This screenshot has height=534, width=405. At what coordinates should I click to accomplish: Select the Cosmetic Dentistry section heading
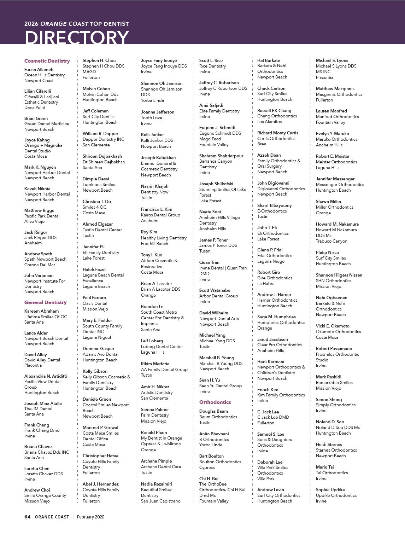coord(47,61)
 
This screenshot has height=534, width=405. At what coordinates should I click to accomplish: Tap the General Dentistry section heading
coord(45,302)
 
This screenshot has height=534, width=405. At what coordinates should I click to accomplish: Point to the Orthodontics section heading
coord(215,402)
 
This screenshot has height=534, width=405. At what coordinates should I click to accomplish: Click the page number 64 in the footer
coord(27,517)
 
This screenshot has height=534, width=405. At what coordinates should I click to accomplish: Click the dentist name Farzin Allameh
coord(39,70)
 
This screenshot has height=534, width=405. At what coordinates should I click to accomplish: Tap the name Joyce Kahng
coord(37,140)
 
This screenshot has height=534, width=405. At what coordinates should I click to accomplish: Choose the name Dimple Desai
coord(96,179)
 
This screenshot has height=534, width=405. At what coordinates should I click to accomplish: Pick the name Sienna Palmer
coord(155,410)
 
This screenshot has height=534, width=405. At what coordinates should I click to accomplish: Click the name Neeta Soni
coord(210,212)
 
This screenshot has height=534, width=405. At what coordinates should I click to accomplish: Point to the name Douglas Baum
coord(213,411)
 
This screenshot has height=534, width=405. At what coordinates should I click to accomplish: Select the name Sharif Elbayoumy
coord(274,205)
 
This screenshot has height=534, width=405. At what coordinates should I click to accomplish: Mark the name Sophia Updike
coord(330,490)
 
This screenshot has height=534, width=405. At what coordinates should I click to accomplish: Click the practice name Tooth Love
coord(152,118)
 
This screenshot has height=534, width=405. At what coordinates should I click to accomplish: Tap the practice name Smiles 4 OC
coord(94,207)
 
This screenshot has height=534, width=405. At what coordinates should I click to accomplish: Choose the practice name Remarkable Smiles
coord(334,383)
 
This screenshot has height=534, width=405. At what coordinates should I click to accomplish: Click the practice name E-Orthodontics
coord(272,211)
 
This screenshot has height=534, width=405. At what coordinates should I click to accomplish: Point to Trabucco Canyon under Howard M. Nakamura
coord(331,241)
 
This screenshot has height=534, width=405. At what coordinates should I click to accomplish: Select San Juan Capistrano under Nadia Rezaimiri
coord(160,501)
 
